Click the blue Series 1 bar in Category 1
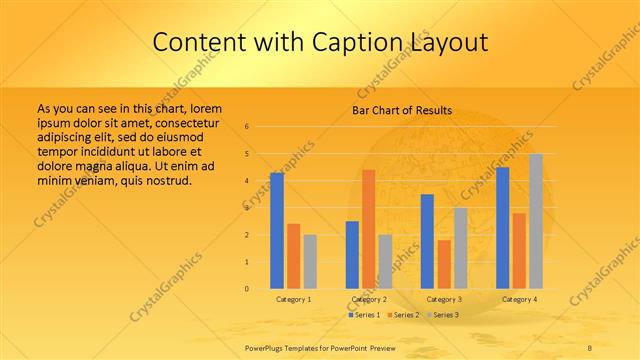point(277,231)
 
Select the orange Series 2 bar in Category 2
point(368,229)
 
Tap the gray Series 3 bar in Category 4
point(536,221)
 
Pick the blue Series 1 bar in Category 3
point(427,241)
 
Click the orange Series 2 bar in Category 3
point(444,264)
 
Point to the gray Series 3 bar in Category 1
point(310,261)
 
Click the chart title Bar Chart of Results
point(402,110)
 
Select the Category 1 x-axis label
point(293,299)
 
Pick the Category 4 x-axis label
point(519,299)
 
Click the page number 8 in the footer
point(589,346)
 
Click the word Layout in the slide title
point(446,42)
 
